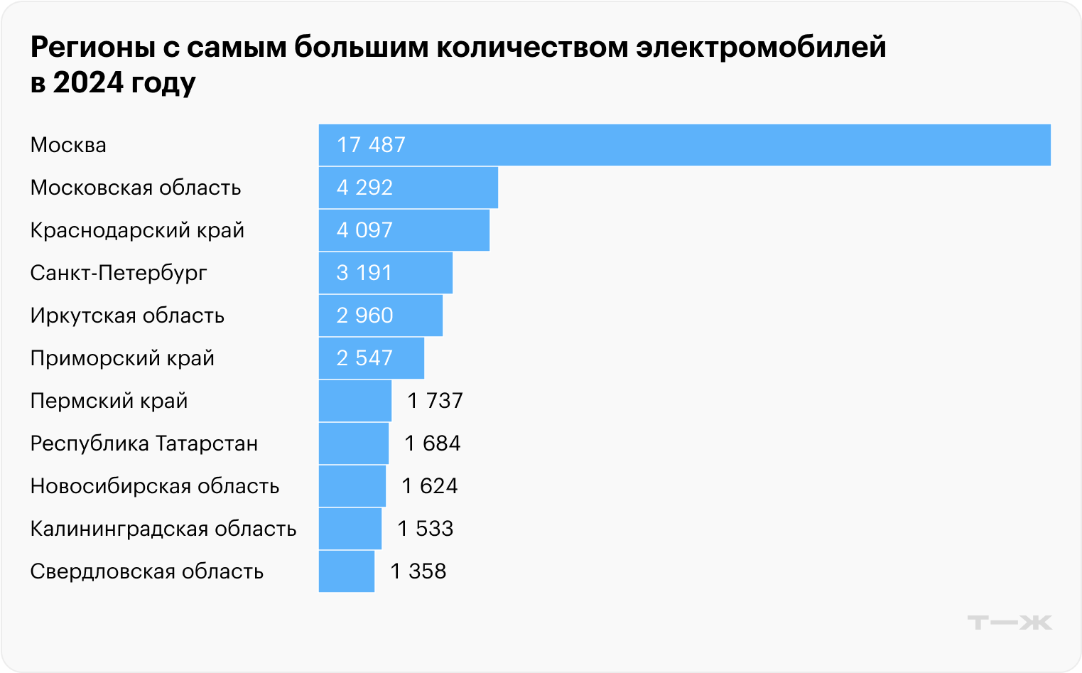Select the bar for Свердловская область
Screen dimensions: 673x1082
346,571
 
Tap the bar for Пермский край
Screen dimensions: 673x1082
355,401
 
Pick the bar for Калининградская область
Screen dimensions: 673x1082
350,529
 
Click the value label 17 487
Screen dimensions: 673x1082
371,145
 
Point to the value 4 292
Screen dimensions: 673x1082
364,188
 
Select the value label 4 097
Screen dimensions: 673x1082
364,230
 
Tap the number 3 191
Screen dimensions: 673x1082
364,273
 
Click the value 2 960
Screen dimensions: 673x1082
364,316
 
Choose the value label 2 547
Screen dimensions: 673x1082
364,358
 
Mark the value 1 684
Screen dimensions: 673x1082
432,443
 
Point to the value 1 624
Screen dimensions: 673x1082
429,486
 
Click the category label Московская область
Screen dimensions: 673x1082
136,188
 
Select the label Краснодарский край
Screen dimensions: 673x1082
137,230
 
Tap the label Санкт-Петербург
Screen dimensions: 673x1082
119,273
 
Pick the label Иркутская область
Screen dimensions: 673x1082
127,316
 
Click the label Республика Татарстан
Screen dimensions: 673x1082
144,443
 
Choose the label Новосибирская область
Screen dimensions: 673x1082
155,486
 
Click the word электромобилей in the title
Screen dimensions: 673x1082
761,47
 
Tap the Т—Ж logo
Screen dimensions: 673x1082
1009,623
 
